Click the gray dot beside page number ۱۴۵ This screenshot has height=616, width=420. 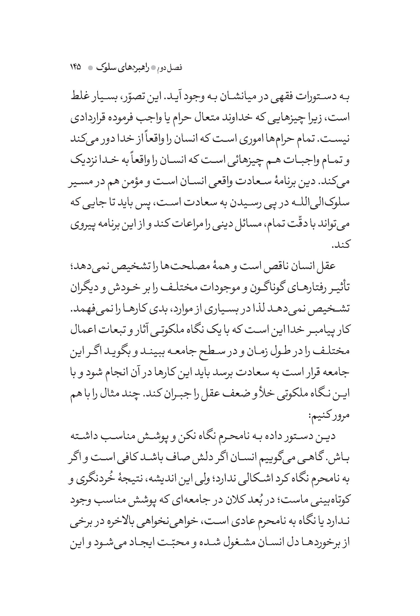pyautogui.click(x=90, y=68)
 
